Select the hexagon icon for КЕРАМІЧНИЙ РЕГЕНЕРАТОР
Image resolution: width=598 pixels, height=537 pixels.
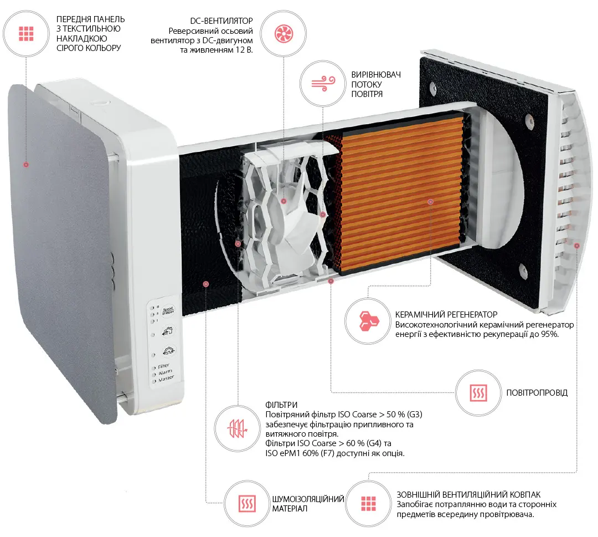(367, 320)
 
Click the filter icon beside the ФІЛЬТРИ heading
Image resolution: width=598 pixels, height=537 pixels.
(237, 428)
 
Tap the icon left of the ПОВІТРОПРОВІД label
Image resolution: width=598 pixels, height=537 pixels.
(477, 392)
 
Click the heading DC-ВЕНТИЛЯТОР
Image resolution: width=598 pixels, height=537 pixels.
(221, 20)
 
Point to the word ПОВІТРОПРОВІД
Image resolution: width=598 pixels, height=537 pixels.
(537, 393)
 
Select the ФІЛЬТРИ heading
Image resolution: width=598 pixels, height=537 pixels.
(281, 405)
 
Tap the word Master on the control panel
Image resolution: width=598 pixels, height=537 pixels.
(166, 379)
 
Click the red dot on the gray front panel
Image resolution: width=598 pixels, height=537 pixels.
(25, 165)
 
